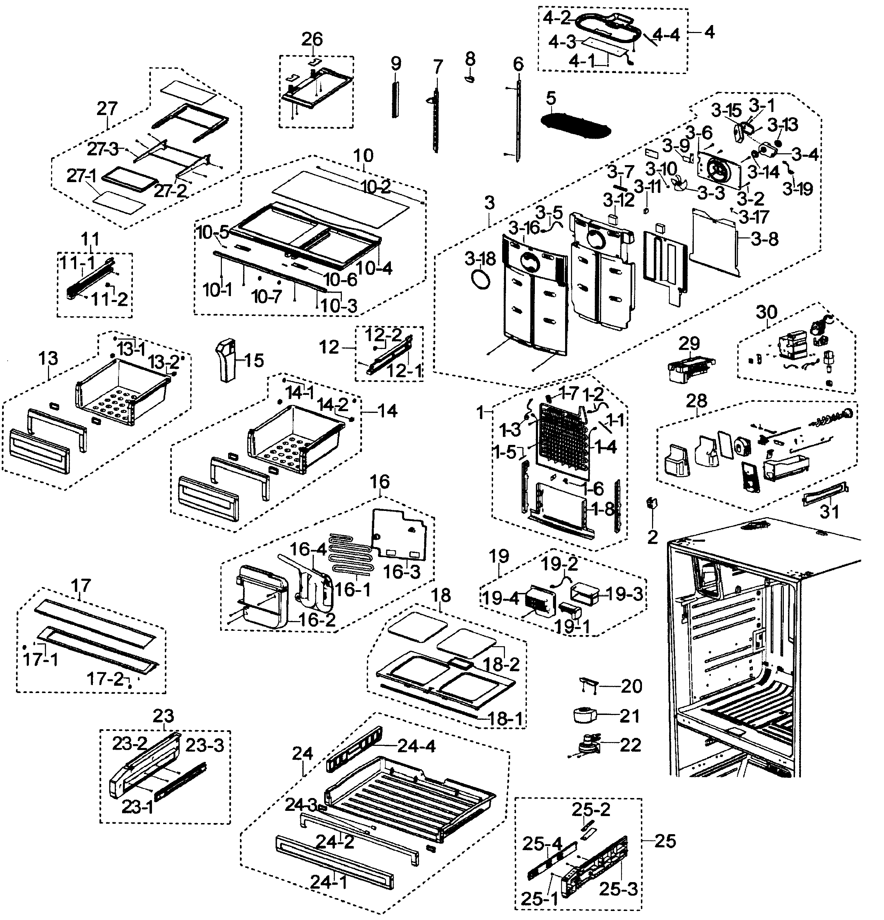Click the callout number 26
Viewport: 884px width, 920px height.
pyautogui.click(x=312, y=39)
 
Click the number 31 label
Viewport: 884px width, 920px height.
pyautogui.click(x=829, y=511)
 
